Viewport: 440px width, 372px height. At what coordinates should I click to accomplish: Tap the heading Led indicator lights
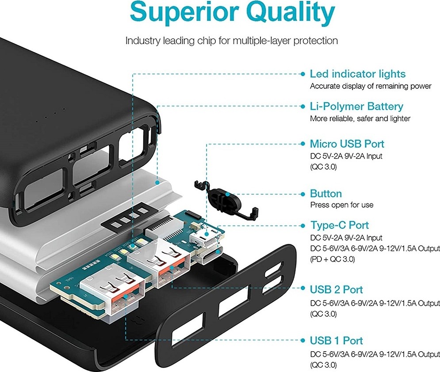[357, 74]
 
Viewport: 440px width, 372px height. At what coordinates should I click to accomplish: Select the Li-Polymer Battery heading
[356, 106]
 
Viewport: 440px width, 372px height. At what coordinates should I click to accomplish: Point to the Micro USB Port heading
[347, 144]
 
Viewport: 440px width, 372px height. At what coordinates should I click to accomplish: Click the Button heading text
[326, 194]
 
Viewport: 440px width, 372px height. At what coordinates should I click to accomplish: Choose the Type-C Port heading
[339, 225]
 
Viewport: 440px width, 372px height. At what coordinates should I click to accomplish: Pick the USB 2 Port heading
[336, 289]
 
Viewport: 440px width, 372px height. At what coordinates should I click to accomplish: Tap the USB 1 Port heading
[336, 341]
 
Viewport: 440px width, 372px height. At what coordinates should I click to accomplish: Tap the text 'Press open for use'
[341, 205]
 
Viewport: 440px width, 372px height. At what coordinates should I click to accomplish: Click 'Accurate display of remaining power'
[371, 86]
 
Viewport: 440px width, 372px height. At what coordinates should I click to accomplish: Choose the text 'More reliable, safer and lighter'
[360, 118]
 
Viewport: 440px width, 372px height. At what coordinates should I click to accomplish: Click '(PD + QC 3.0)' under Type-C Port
[332, 259]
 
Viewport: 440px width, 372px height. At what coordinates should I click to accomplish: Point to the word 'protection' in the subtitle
[311, 41]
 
